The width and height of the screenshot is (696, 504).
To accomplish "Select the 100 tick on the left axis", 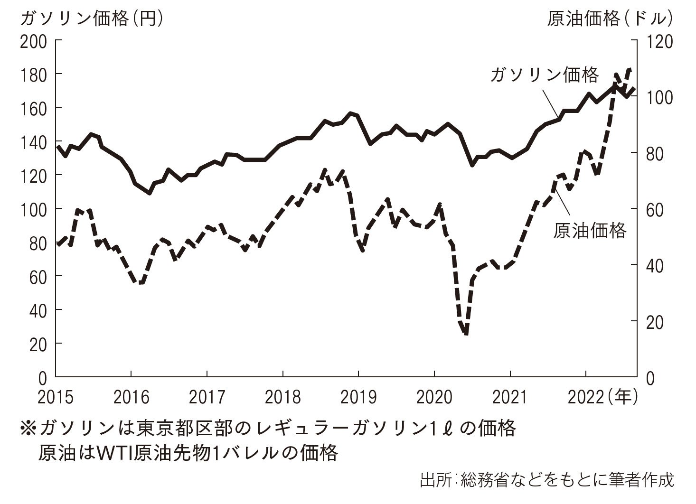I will point(34,209).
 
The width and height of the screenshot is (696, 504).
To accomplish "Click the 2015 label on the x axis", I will point(56,397).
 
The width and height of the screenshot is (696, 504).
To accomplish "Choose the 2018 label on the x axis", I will point(282,397).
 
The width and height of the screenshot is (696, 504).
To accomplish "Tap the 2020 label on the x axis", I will point(434,397).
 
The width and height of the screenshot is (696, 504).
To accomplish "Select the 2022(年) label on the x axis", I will point(602,397).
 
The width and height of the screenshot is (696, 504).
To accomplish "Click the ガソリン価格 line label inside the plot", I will point(545,75).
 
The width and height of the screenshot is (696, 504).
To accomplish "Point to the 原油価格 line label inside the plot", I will point(590,231).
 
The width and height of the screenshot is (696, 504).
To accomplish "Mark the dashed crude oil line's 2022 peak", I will point(630,70).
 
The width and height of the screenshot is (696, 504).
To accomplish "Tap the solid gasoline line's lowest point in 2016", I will point(149,193).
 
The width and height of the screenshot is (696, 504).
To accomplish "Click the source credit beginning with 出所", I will point(546,479).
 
